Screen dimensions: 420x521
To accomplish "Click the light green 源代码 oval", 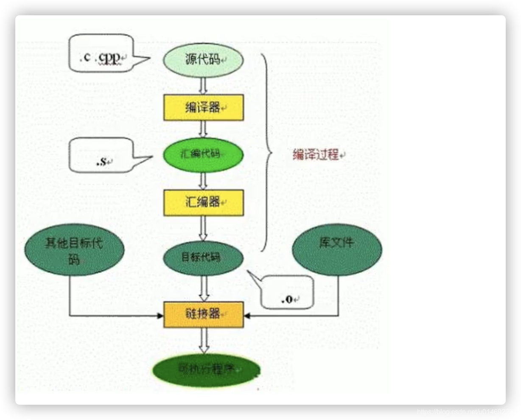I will pos(204,60).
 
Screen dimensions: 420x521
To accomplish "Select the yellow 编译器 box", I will pos(204,108).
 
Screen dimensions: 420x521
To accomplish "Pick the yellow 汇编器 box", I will pos(204,202).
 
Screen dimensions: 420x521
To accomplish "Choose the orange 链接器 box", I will pos(204,314).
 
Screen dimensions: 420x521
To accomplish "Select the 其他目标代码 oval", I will pos(75,251).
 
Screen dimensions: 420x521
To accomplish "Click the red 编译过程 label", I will pos(318,155).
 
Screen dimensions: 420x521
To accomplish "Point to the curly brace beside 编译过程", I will pos(266,153).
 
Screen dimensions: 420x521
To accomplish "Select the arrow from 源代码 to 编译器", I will pos(203,87).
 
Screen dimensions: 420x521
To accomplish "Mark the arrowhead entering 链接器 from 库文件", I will pos(247,316).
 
